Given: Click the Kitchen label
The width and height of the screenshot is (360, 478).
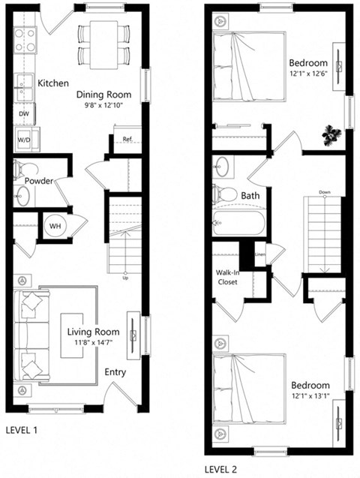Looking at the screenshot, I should pos(53,83).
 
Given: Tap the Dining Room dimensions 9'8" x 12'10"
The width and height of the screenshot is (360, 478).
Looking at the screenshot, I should pos(104,107).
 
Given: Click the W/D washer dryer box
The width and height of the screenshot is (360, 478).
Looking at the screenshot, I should pos(25,138).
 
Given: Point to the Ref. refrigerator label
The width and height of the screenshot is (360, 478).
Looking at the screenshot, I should pos(127,138).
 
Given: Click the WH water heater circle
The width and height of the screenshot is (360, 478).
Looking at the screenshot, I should pos(55,225).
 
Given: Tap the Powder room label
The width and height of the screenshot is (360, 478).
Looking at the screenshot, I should pos(38,181).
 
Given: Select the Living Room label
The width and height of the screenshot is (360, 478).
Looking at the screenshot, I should pos(94,332).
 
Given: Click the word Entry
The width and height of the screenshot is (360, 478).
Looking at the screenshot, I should pos(115,371).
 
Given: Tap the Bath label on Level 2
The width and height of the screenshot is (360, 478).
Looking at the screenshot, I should pos(250,196).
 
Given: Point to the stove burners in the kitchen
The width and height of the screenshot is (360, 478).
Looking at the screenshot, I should pos(25,40).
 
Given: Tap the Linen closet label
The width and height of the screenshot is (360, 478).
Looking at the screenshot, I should pos(259,254).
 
